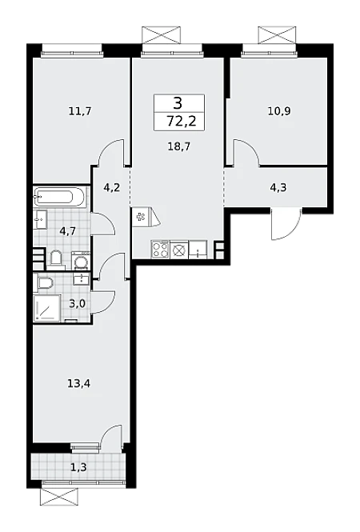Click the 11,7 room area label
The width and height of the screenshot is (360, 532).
pyautogui.click(x=80, y=111)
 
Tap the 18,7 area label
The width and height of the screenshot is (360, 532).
pyautogui.click(x=179, y=146)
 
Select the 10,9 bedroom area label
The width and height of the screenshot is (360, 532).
pyautogui.click(x=279, y=111)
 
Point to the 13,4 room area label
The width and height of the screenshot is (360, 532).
pyautogui.click(x=78, y=384)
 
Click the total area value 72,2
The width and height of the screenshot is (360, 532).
pyautogui.click(x=182, y=121)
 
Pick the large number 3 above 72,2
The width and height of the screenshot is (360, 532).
pyautogui.click(x=178, y=103)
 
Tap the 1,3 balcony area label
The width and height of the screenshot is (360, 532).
pyautogui.click(x=78, y=467)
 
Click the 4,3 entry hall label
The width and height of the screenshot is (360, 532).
pyautogui.click(x=278, y=187)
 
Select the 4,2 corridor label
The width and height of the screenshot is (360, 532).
pyautogui.click(x=112, y=187)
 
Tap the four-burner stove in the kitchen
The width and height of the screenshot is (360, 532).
pyautogui.click(x=160, y=250)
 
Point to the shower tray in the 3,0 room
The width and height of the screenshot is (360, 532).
pyautogui.click(x=47, y=308)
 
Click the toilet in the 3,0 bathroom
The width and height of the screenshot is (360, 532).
pyautogui.click(x=45, y=283)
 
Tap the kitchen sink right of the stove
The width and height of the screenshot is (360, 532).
pyautogui.click(x=198, y=250)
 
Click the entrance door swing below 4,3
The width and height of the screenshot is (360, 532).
pyautogui.click(x=286, y=225)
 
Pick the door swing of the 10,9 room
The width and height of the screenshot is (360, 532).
pyautogui.click(x=246, y=152)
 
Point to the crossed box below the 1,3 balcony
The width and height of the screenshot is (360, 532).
pyautogui.click(x=59, y=498)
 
